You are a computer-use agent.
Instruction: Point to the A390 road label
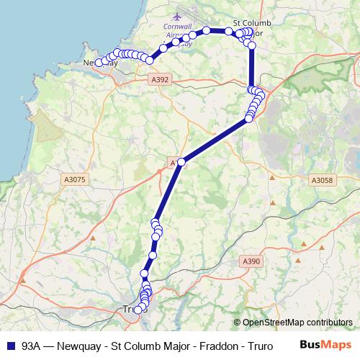251,261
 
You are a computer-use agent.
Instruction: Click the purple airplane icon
178,17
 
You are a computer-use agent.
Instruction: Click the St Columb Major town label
253,28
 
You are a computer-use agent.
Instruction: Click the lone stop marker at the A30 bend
182,163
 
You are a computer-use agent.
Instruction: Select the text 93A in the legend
31,345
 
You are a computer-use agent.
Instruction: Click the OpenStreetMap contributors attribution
297,323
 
